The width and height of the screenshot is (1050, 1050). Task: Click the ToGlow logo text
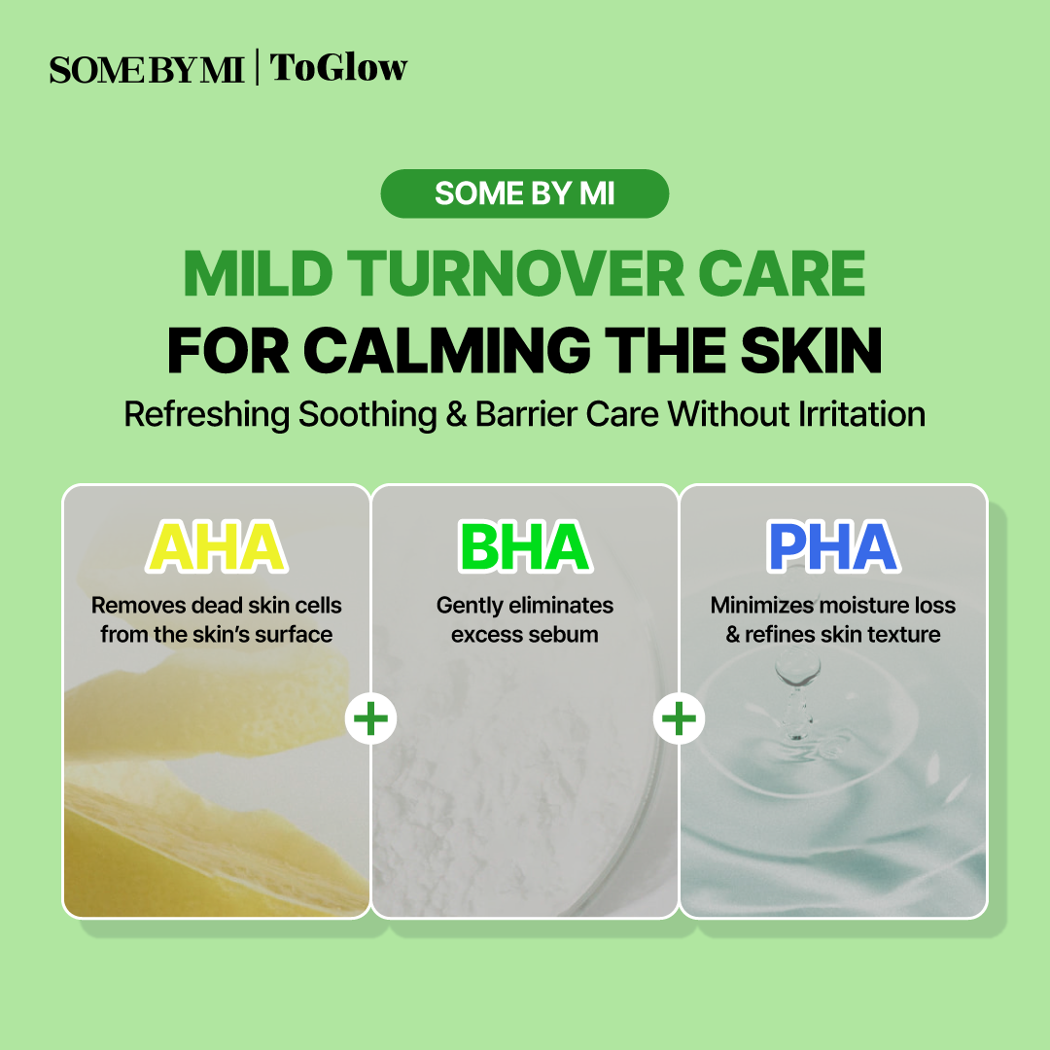tap(338, 68)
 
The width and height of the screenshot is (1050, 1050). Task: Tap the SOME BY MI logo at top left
tap(147, 70)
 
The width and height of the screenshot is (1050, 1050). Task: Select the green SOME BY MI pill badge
tap(524, 193)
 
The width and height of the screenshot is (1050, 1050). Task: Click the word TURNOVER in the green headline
tap(515, 273)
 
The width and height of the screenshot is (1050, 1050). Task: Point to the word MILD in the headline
tap(258, 273)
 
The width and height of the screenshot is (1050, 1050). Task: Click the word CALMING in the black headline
tap(446, 350)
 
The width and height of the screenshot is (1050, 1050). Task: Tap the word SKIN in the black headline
tap(812, 350)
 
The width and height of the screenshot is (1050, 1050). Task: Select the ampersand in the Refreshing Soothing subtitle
tap(456, 414)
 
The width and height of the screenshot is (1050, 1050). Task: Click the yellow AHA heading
tap(216, 546)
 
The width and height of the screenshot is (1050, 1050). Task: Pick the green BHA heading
tap(525, 546)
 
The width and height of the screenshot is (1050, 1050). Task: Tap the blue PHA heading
tap(833, 546)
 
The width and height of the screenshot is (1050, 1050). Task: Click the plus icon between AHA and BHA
tap(370, 718)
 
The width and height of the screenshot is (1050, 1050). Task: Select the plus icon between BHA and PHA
tap(679, 718)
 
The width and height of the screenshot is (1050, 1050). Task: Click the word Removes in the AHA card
tap(139, 606)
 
